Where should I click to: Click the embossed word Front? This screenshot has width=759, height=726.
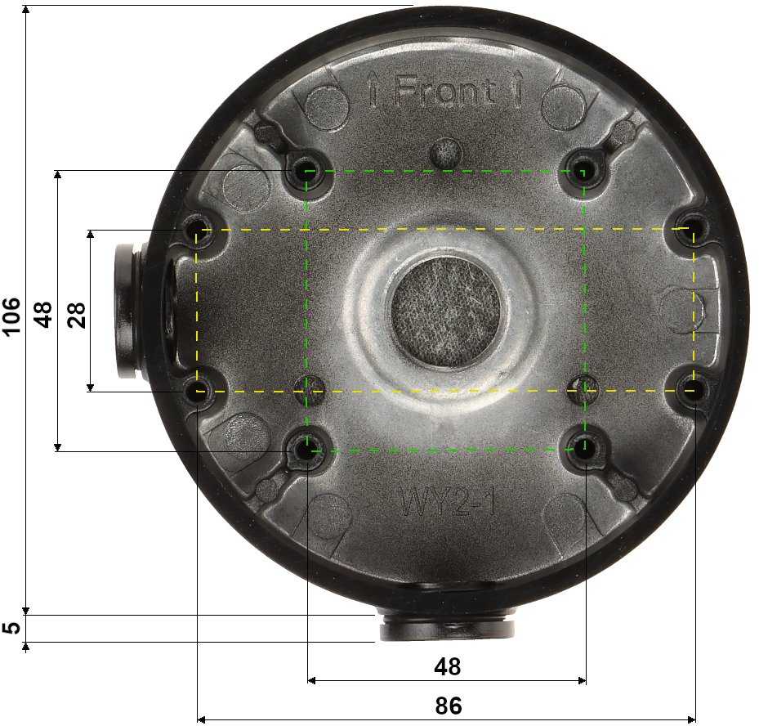point(446,92)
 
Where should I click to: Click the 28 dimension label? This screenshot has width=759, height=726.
point(76,314)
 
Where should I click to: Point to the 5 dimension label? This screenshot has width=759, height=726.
point(11,628)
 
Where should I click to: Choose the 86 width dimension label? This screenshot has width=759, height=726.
point(448,706)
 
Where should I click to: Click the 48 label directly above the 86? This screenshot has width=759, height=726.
point(447,667)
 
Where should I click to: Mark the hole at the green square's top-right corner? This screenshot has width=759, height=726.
point(582,171)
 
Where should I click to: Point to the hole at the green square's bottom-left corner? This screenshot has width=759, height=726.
point(306,449)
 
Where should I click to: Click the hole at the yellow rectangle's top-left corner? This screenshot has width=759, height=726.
point(199,231)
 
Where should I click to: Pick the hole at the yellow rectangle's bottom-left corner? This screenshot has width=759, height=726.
point(199,391)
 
